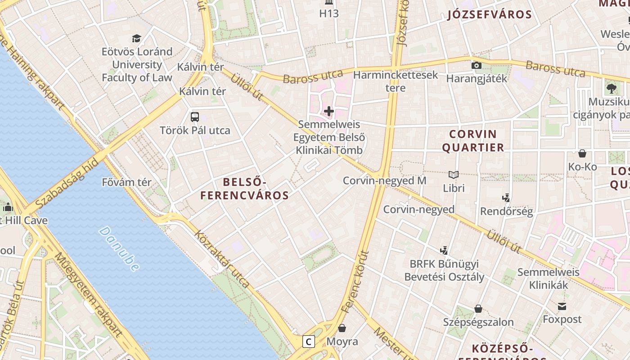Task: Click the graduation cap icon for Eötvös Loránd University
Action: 136,38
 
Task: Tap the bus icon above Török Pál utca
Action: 195,117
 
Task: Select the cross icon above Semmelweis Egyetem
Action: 329,111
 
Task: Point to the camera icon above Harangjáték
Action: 476,66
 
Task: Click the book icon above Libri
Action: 454,175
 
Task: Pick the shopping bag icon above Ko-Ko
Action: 582,153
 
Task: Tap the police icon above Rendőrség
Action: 506,198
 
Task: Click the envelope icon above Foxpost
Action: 562,306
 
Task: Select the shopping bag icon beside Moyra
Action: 342,328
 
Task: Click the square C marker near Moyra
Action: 308,342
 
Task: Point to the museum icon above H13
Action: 329,3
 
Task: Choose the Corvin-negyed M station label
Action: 384,180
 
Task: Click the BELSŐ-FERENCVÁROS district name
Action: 245,189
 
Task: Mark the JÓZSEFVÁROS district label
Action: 490,14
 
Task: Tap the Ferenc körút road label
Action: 355,282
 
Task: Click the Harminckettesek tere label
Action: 396,81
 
